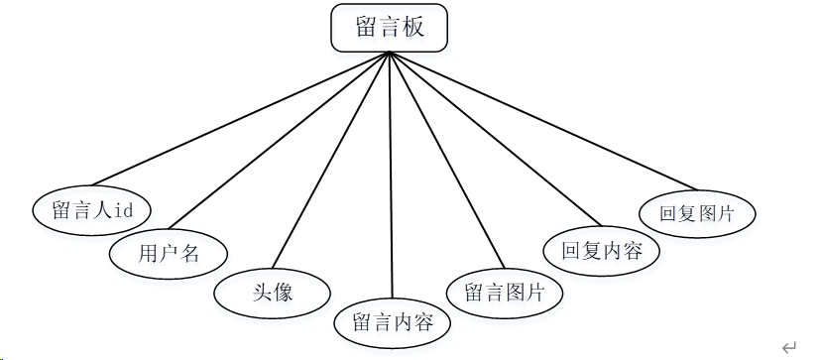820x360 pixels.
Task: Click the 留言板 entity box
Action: [389, 28]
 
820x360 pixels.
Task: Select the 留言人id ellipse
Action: [91, 210]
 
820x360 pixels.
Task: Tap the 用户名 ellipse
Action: [169, 254]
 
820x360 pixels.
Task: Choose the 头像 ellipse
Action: [272, 293]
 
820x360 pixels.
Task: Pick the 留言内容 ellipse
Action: [393, 322]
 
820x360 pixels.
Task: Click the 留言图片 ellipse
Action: [505, 293]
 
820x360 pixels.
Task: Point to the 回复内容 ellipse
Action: [602, 251]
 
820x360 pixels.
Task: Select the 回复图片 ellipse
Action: [697, 214]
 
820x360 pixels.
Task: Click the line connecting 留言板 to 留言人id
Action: [241, 119]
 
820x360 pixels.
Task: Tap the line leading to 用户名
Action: [279, 140]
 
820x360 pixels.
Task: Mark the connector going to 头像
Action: [331, 160]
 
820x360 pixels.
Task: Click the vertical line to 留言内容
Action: [391, 175]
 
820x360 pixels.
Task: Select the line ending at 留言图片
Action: [447, 160]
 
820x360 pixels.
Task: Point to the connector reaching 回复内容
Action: [495, 139]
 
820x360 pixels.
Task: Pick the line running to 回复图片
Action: [543, 121]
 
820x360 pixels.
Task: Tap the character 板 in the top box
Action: [413, 27]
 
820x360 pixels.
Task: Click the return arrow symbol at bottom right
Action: [789, 346]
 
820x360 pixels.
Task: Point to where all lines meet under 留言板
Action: [390, 53]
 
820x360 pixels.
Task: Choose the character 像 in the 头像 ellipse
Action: [283, 293]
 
